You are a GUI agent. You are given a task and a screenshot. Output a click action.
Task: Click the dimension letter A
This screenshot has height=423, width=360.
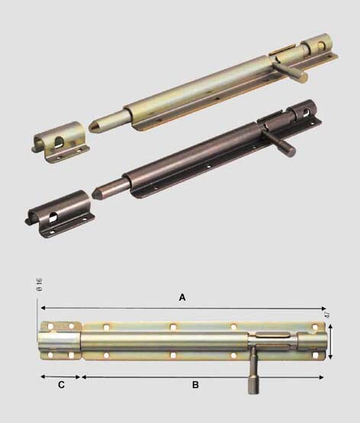[x=182, y=297]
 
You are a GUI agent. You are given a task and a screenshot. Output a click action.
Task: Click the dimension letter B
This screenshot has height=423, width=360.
[x=195, y=384]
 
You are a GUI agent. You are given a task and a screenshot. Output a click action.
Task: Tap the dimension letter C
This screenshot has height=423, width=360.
[x=61, y=384]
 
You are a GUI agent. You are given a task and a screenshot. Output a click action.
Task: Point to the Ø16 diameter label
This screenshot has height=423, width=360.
[x=40, y=284]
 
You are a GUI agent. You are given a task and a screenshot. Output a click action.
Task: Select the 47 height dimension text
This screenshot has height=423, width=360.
[x=327, y=314]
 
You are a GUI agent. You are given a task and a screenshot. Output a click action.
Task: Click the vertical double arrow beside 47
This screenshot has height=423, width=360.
[x=330, y=341]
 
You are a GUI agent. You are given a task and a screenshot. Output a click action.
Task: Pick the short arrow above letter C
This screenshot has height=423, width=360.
[x=60, y=377]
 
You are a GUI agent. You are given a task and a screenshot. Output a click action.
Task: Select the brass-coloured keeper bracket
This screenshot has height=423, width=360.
[x=61, y=143]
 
